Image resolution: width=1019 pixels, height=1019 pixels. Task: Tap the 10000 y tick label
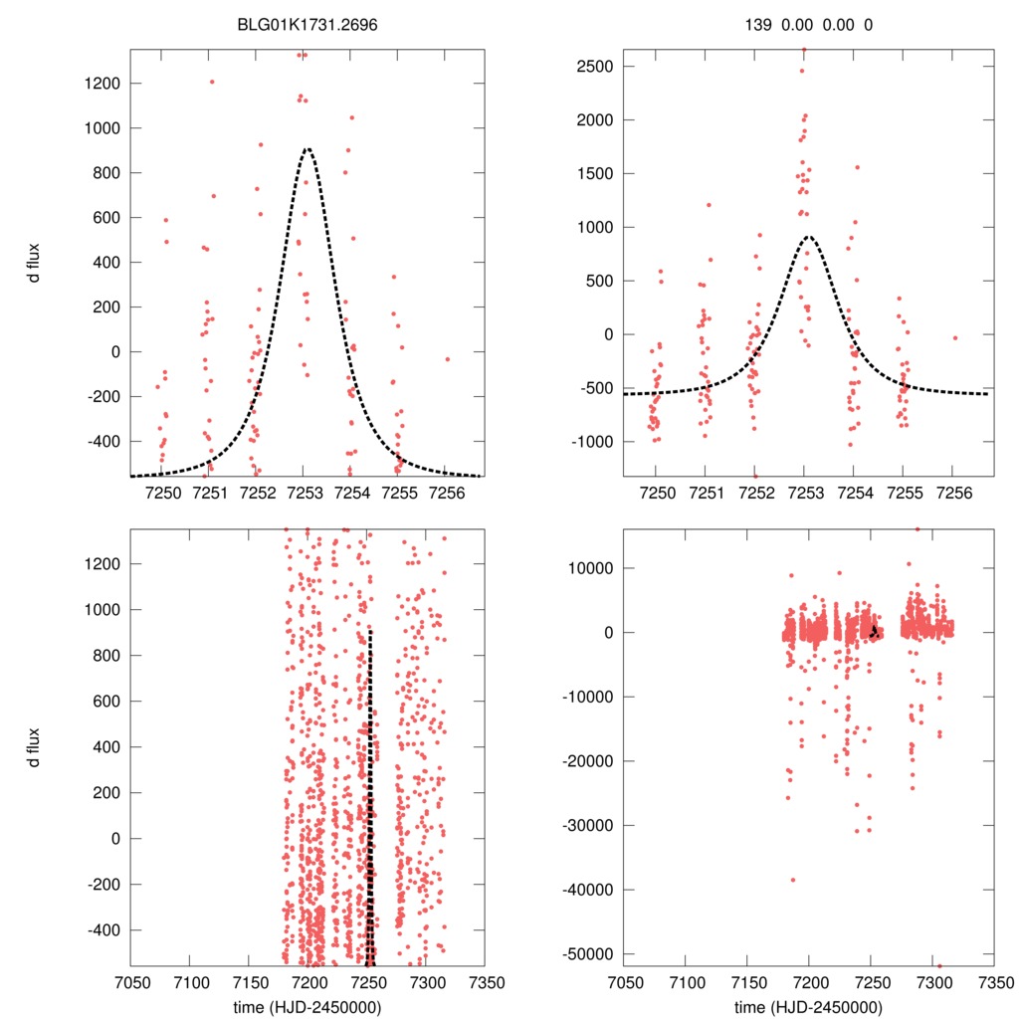[x=589, y=568]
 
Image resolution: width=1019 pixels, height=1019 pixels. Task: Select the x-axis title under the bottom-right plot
[x=808, y=1006]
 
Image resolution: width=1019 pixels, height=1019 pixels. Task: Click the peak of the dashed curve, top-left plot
[x=307, y=149]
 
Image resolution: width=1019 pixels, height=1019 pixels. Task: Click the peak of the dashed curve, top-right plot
[x=809, y=237]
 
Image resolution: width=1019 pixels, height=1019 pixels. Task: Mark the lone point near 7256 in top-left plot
[x=448, y=359]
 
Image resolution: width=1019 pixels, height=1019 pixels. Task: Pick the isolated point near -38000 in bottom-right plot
[x=793, y=880]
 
